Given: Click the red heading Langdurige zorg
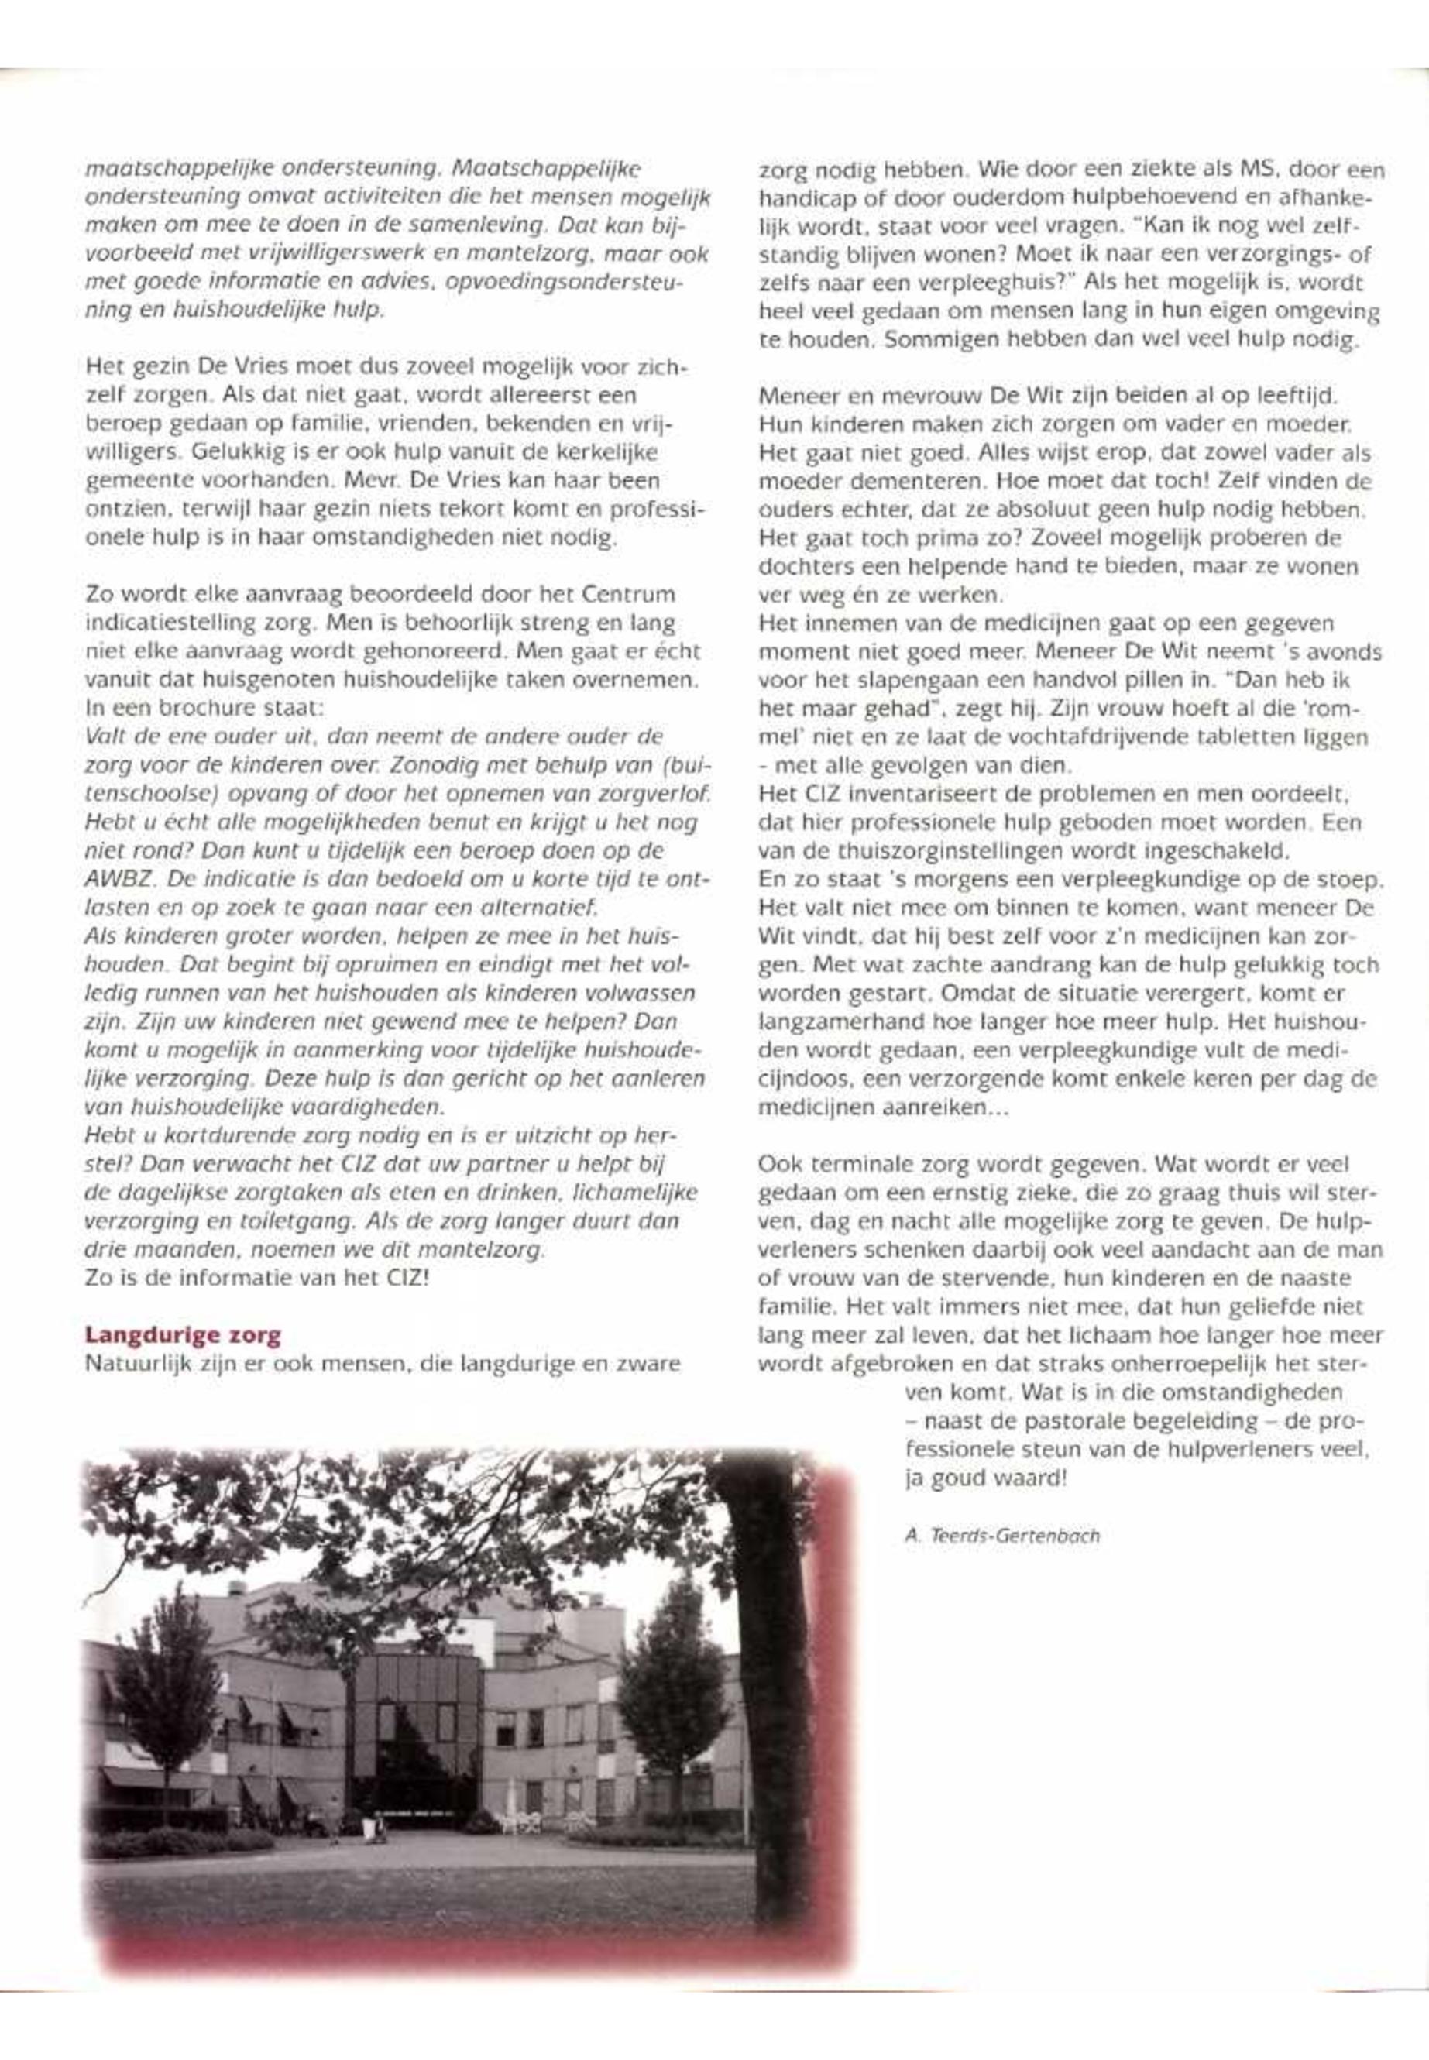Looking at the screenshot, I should click(x=183, y=1336).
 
